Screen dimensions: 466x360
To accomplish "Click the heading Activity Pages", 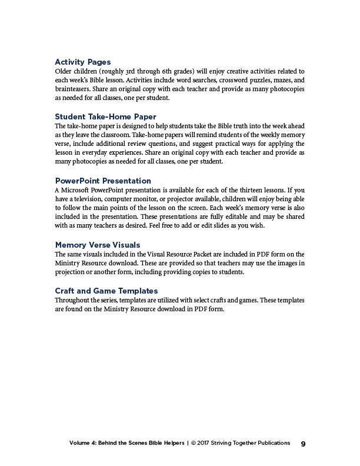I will (83, 62).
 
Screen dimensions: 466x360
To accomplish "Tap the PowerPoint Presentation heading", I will (103, 181).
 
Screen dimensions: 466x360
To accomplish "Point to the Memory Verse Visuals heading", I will (98, 245).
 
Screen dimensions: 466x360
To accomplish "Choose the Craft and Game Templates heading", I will (106, 291).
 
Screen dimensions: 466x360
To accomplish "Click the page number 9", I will (303, 444).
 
